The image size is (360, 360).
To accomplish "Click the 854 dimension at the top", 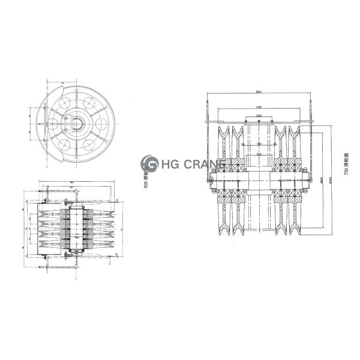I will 259,92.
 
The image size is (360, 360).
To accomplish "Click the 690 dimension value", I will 259,107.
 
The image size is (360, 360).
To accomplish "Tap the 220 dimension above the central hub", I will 259,154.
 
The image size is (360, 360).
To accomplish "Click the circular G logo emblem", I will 149,164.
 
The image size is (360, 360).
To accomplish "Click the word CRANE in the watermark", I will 202,164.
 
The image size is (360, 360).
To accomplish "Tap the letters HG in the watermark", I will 169,164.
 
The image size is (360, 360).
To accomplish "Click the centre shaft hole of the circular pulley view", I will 77,124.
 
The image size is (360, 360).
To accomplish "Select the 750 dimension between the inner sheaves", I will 259,144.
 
